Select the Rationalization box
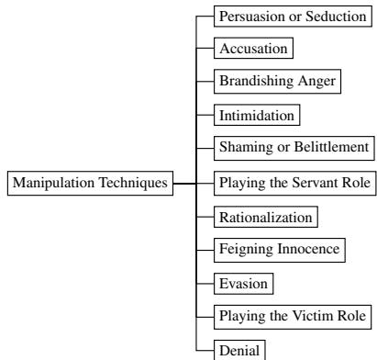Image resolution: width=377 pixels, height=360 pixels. click(x=265, y=217)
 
